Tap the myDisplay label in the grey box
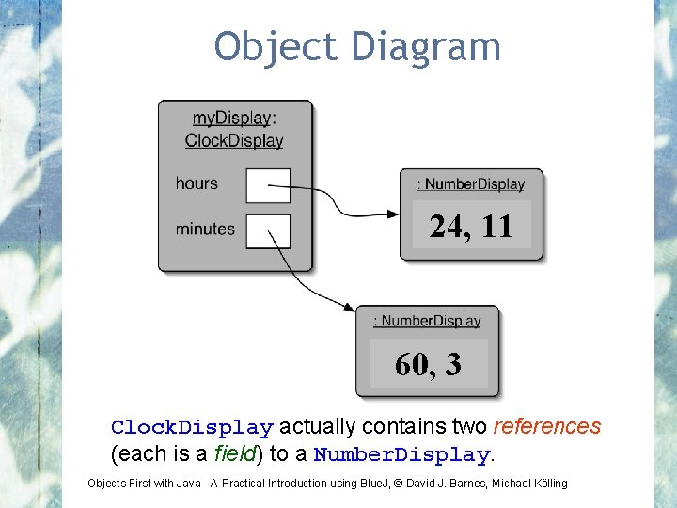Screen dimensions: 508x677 pos(231,119)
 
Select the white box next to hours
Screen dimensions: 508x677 pos(268,185)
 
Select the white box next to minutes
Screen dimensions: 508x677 pos(268,230)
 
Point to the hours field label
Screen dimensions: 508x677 pos(197,183)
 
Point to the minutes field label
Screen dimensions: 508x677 pos(205,229)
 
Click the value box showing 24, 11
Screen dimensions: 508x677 pos(471,226)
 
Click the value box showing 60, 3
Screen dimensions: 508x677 pos(429,363)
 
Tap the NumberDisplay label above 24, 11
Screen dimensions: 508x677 pos(471,184)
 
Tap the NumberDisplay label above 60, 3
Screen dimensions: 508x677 pos(428,321)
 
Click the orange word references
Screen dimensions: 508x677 pos(546,426)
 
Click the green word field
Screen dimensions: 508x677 pos(236,454)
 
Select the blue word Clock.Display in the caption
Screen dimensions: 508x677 pos(192,427)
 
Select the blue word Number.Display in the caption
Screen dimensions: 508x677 pos(401,455)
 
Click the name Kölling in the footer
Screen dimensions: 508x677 pos(548,484)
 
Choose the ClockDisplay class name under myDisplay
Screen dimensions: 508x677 pos(234,141)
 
